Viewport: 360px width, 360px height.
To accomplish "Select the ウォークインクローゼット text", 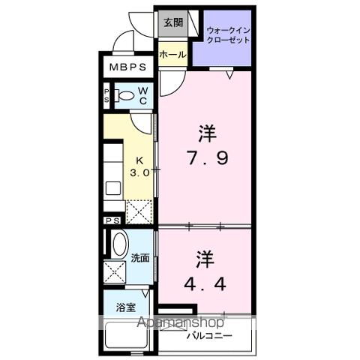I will pyautogui.click(x=225, y=34).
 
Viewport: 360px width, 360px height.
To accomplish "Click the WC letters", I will pyautogui.click(x=142, y=95).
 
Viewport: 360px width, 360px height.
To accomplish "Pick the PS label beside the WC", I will pyautogui.click(x=107, y=95).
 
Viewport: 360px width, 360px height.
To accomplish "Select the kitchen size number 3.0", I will pyautogui.click(x=140, y=172).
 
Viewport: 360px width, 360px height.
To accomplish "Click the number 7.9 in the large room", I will pyautogui.click(x=206, y=159).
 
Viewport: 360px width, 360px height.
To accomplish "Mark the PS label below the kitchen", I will pyautogui.click(x=112, y=220).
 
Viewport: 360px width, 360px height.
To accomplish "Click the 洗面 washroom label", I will pyautogui.click(x=139, y=258).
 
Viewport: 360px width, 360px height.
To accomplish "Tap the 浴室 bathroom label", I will pyautogui.click(x=124, y=306).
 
